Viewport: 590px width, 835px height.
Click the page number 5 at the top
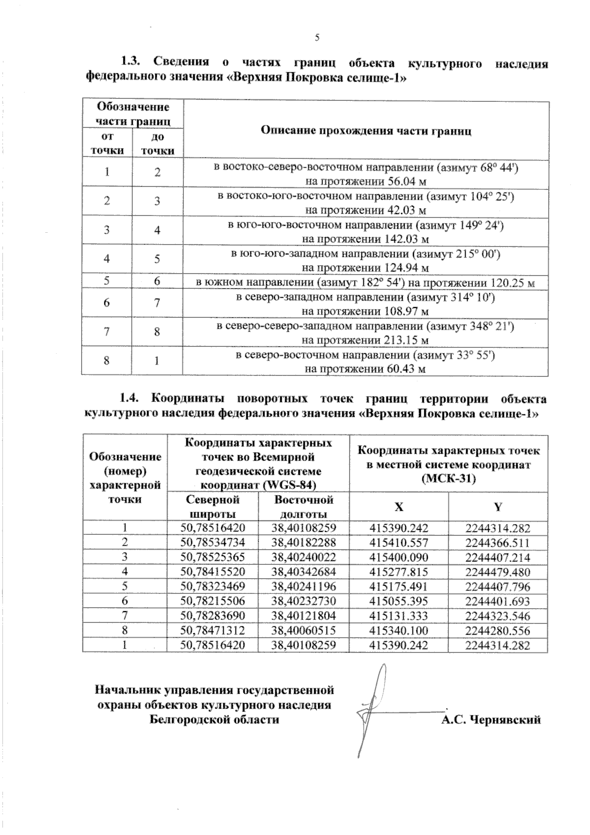coord(317,37)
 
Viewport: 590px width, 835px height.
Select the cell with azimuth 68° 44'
coord(366,174)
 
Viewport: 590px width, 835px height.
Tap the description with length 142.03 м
coord(366,232)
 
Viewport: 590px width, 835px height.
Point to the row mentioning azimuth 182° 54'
coord(366,282)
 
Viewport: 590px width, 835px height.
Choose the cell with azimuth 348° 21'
coord(366,333)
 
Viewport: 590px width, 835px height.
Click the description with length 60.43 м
coord(366,362)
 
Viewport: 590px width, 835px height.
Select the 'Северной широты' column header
coord(213,506)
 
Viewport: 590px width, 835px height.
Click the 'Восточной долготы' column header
coord(303,506)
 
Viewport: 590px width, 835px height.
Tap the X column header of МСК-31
coord(399,507)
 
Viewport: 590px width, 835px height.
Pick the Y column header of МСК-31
coord(498,507)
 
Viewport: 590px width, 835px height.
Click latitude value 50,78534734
coord(213,543)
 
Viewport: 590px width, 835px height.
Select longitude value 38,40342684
coord(303,572)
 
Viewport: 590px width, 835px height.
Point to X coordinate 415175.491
coord(399,587)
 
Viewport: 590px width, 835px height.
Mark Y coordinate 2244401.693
coord(498,601)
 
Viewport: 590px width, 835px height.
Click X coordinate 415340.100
coord(399,630)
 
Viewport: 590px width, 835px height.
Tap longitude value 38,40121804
coord(303,616)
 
